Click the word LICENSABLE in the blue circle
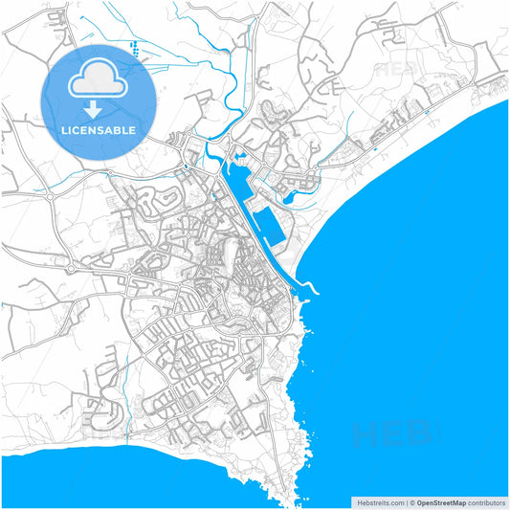100,129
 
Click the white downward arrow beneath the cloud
100,107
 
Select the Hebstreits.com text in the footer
377,501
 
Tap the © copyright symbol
412,501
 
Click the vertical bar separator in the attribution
407,501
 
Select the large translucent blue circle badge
100,100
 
